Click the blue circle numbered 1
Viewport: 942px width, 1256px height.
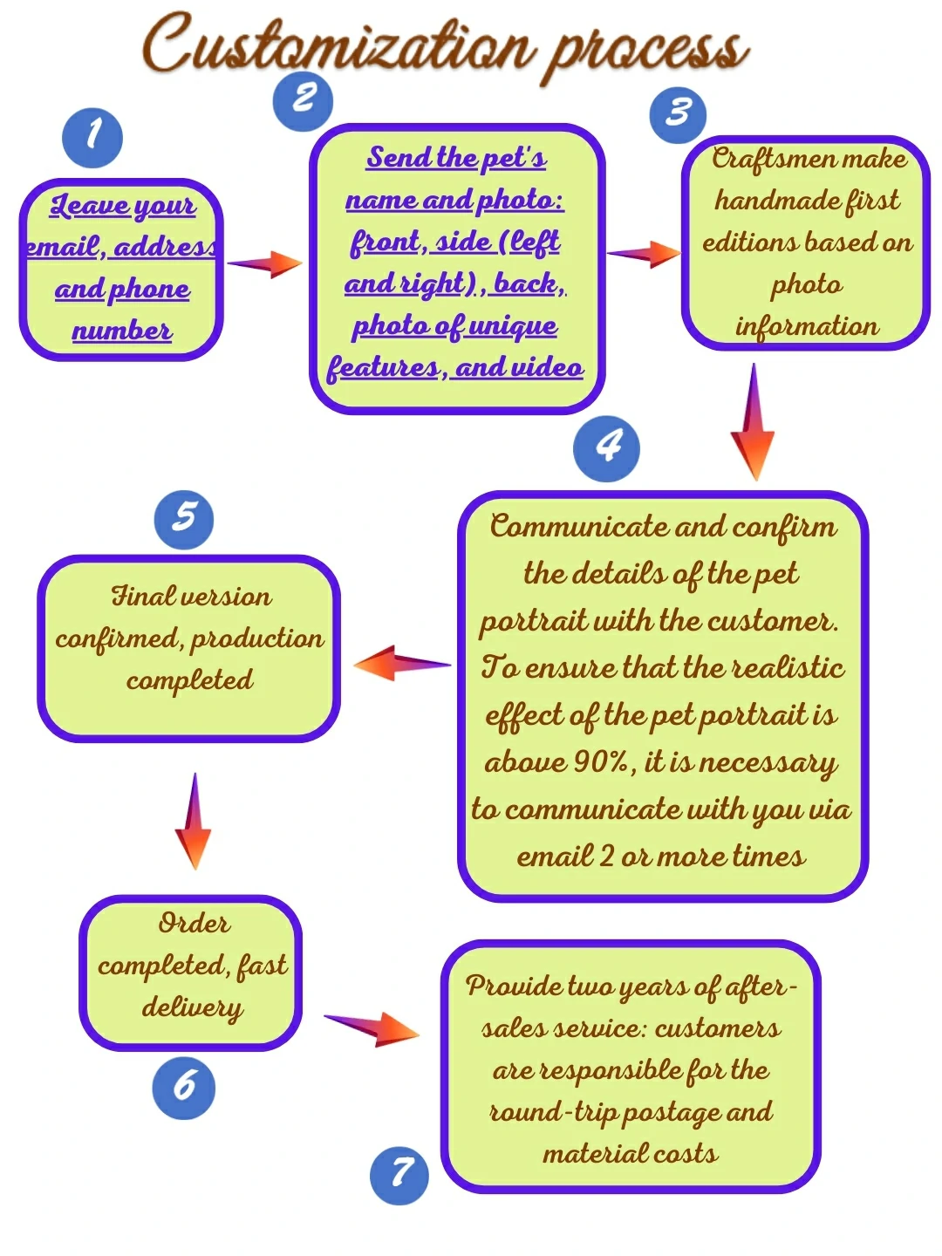[92, 138]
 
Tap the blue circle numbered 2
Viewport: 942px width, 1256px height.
[303, 101]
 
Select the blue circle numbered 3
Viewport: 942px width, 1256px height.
[678, 114]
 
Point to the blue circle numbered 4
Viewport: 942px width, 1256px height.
[606, 449]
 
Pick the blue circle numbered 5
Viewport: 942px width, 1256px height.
[184, 520]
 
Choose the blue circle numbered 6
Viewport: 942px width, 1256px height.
[183, 1088]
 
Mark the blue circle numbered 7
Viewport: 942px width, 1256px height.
[399, 1175]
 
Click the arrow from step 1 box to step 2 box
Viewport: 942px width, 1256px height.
[264, 263]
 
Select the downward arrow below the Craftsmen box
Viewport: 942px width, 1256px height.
[753, 423]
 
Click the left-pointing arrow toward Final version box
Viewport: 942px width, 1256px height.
[402, 664]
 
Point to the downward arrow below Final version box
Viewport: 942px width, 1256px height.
[194, 821]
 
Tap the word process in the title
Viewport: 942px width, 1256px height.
[647, 51]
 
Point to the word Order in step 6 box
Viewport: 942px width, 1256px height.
[194, 923]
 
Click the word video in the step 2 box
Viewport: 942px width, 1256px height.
[546, 367]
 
